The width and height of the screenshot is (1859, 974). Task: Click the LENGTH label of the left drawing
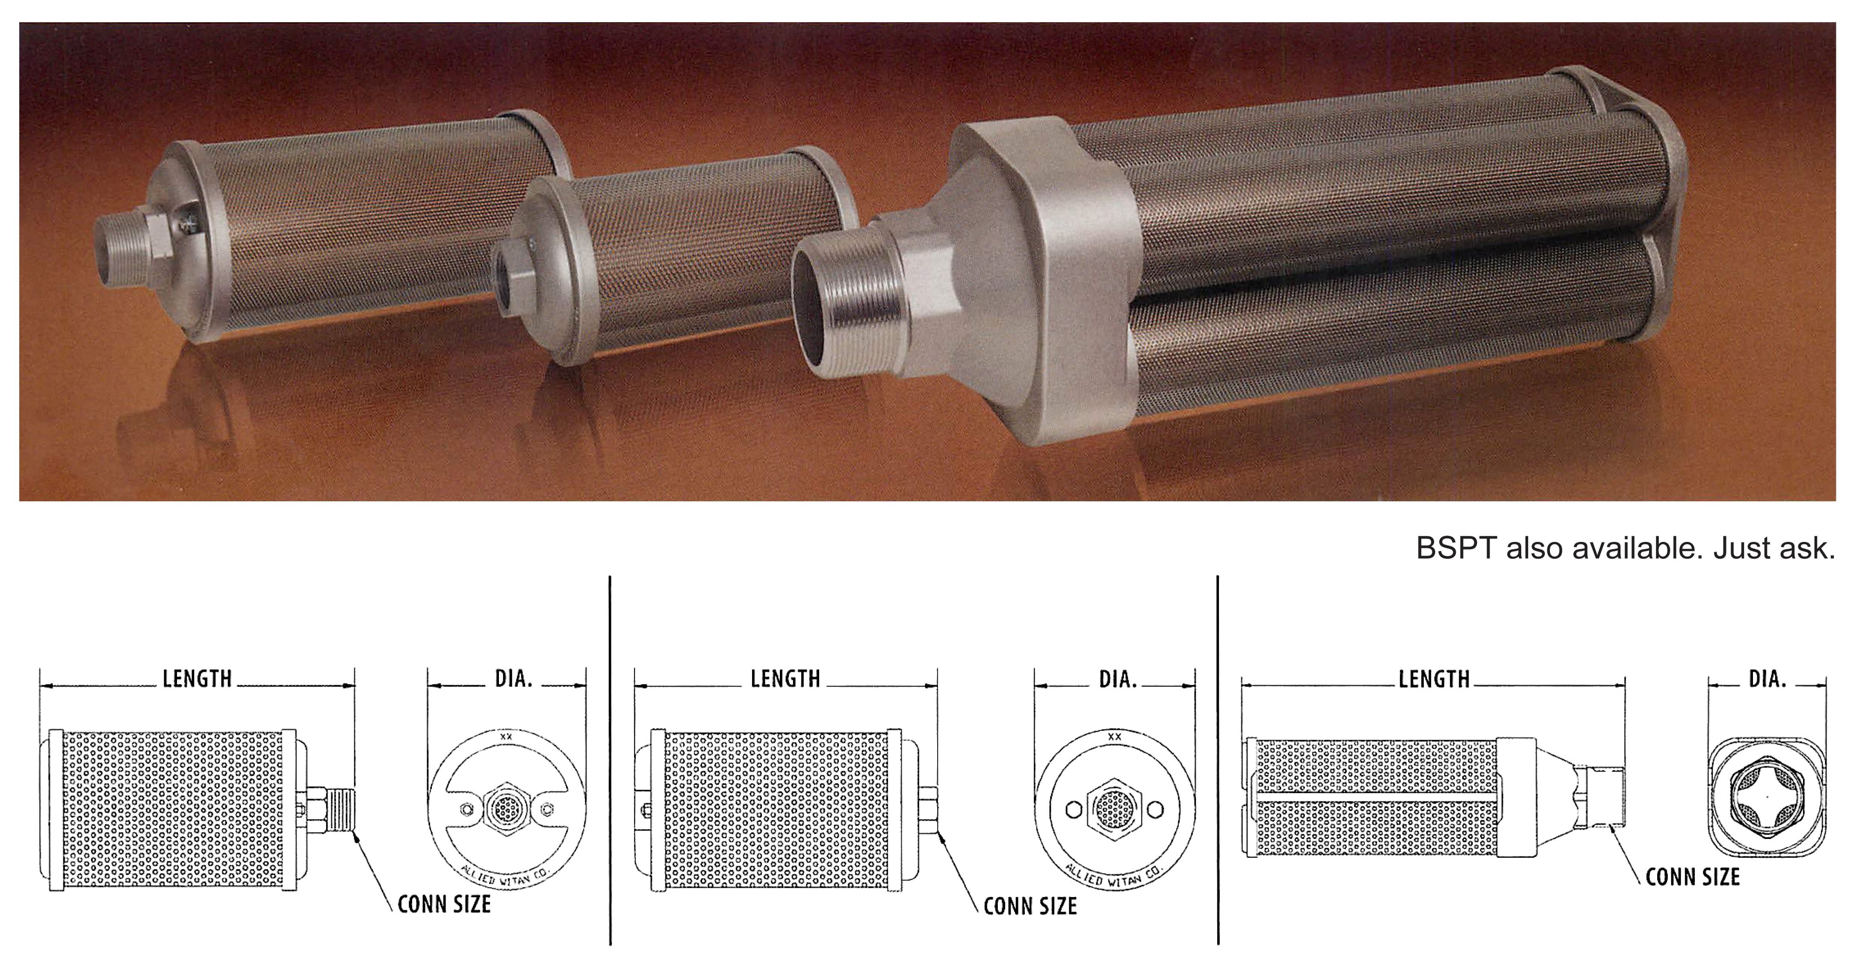pos(197,679)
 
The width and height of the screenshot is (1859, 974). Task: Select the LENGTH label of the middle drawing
pos(785,679)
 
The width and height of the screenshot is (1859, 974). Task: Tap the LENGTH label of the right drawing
pos(1434,680)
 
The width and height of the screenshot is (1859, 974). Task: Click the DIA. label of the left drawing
pos(513,679)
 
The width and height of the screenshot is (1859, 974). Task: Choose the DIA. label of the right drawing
pos(1768,679)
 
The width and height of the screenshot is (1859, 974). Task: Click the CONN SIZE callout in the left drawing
pos(444,904)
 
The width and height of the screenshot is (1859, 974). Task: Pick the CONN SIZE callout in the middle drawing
pos(1030,906)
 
